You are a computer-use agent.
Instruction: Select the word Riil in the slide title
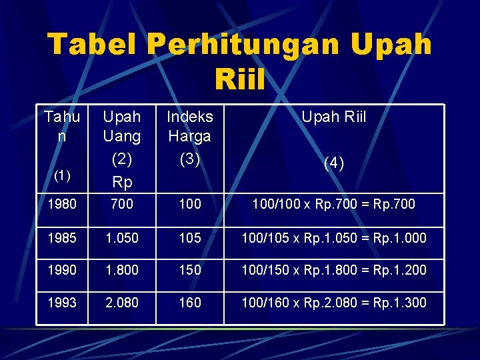click(x=240, y=81)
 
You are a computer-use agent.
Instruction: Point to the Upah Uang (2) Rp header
click(x=122, y=149)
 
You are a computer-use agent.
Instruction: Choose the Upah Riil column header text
click(x=334, y=117)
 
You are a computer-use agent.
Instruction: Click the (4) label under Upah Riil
click(x=334, y=163)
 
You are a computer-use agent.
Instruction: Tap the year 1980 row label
click(x=62, y=204)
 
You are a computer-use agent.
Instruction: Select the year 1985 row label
click(x=62, y=238)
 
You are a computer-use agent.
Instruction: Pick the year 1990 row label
click(x=62, y=270)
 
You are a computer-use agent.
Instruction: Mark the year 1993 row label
click(x=62, y=303)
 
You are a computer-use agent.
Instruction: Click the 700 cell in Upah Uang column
click(x=121, y=204)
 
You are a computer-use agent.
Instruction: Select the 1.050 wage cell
click(x=121, y=238)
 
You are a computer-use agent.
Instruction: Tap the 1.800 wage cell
click(x=121, y=270)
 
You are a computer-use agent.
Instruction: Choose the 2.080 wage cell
click(x=121, y=303)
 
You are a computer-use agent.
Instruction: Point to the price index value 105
click(x=190, y=238)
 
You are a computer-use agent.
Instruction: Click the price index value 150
click(x=190, y=270)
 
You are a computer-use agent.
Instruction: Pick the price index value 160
click(x=190, y=303)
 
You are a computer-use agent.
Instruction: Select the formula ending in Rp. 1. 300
click(x=334, y=303)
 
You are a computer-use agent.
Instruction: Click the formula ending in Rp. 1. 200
click(x=334, y=270)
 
